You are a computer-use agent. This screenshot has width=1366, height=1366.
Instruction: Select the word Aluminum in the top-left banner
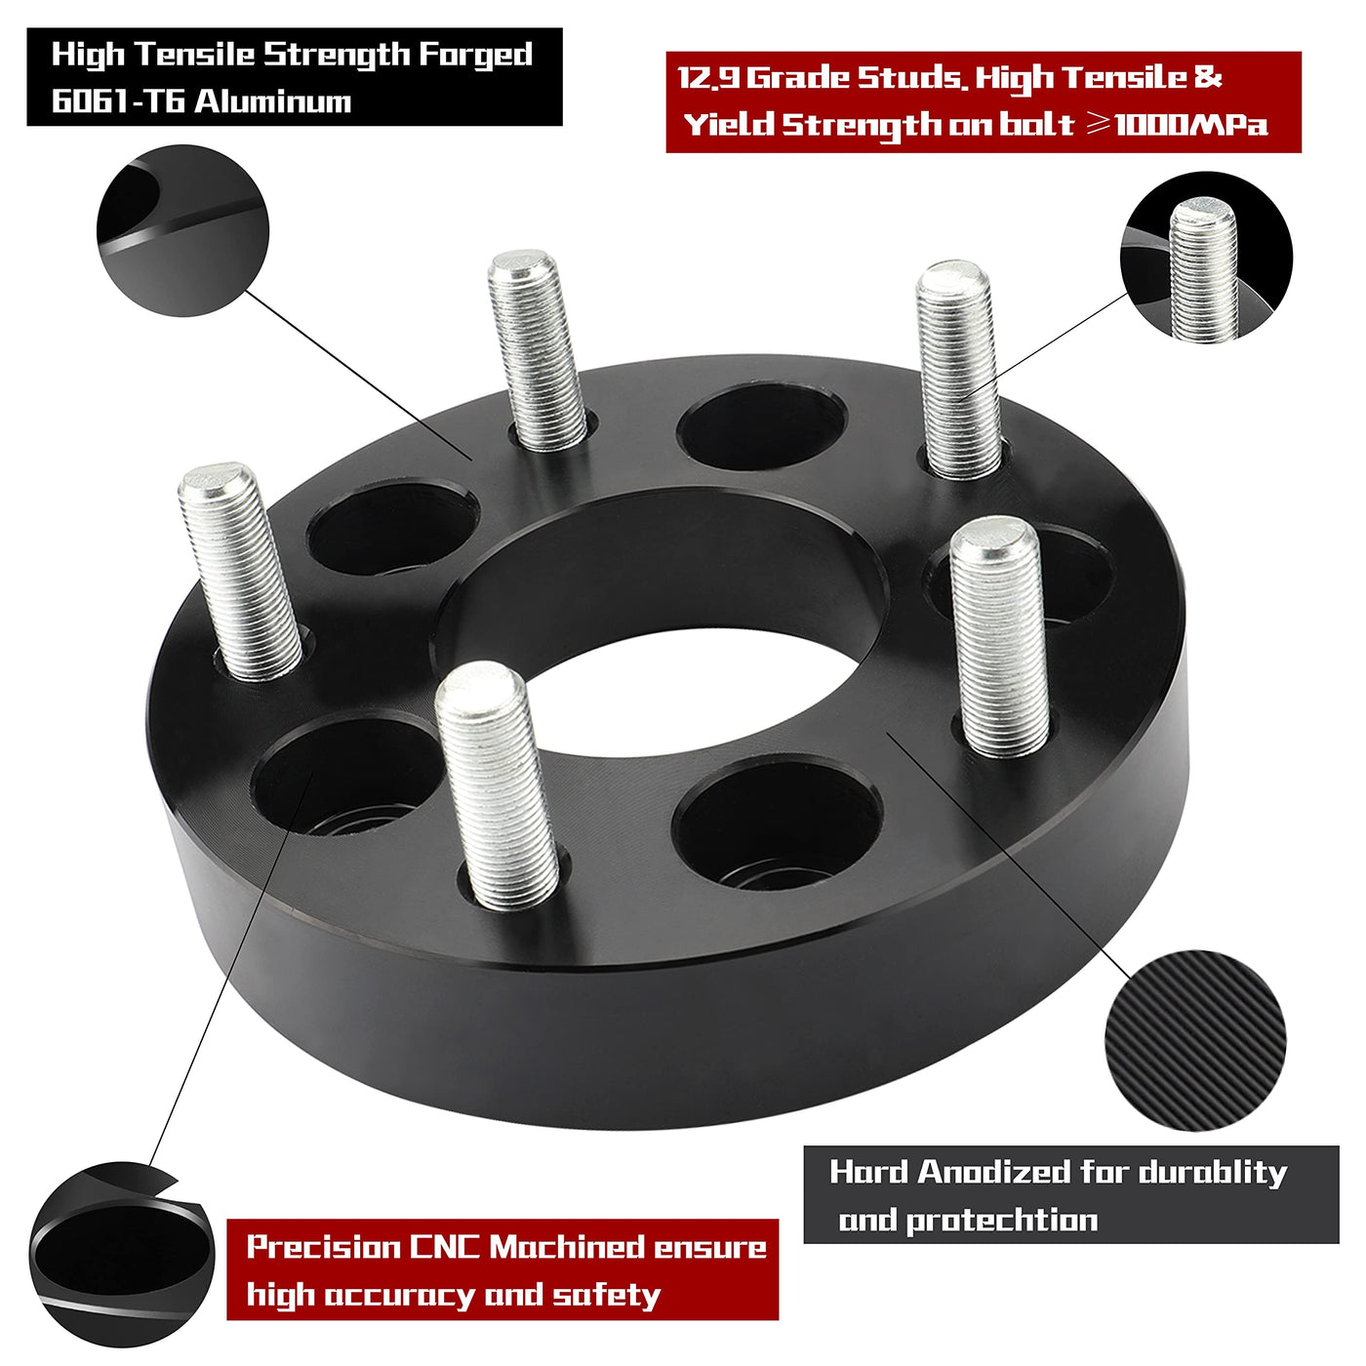click(x=273, y=101)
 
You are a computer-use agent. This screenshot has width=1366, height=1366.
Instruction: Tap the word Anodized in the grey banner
click(x=994, y=1173)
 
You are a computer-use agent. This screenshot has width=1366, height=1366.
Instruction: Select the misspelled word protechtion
click(x=1002, y=1220)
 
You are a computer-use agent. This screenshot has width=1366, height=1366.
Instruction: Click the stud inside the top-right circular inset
click(x=1204, y=270)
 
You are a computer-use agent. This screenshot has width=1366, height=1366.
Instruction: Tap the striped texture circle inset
click(x=1195, y=1041)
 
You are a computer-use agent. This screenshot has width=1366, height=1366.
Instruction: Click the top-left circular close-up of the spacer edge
click(x=182, y=230)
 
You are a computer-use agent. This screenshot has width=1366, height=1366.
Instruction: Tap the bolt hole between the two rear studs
click(x=762, y=426)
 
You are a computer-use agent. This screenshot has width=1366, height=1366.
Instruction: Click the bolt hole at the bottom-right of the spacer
click(x=777, y=824)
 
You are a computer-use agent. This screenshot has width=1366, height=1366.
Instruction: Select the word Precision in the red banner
click(x=323, y=1247)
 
